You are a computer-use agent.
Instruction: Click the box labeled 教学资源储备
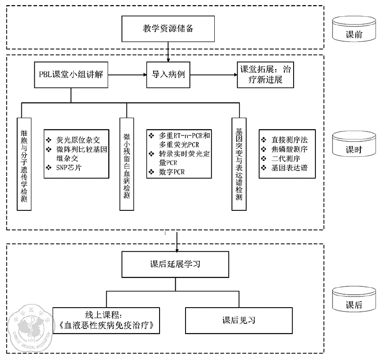(x=168, y=28)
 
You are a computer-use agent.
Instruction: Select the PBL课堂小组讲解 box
(x=71, y=74)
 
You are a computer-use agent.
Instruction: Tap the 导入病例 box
(x=168, y=74)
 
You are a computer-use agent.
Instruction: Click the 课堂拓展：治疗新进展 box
(x=265, y=75)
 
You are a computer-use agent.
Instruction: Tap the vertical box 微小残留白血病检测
(x=126, y=164)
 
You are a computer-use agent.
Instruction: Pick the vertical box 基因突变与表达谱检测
(x=239, y=164)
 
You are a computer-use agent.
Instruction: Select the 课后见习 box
(x=238, y=320)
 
